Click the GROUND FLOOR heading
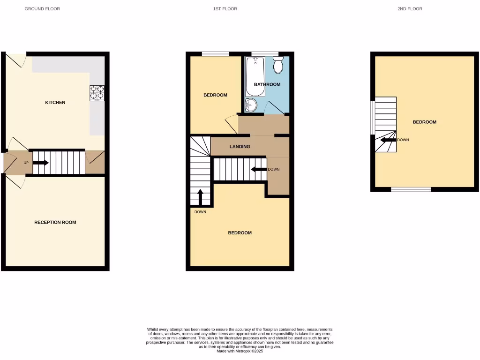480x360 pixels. click(42, 9)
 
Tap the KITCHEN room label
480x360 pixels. click(55, 102)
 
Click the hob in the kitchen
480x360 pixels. click(97, 93)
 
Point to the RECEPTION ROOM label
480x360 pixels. click(55, 222)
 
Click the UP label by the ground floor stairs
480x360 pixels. click(26, 163)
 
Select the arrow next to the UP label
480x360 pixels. click(40, 163)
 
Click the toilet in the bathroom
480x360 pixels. click(278, 66)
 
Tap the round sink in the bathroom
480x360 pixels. click(251, 105)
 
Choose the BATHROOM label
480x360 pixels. click(267, 84)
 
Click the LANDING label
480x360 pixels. click(240, 147)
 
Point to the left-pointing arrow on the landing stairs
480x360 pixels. click(258, 169)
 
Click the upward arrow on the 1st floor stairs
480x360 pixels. click(201, 197)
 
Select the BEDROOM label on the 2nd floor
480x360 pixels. click(424, 122)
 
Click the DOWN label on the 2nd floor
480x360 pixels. click(403, 140)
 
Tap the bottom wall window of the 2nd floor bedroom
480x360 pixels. click(411, 189)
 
